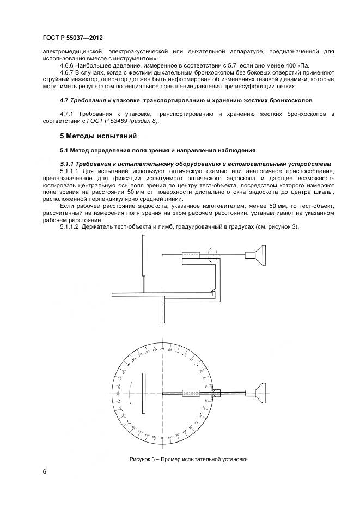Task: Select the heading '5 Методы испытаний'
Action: [x=97, y=136]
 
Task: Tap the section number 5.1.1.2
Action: [x=70, y=226]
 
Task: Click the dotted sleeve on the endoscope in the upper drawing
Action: [x=191, y=254]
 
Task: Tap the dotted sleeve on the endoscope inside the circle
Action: [x=191, y=393]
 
